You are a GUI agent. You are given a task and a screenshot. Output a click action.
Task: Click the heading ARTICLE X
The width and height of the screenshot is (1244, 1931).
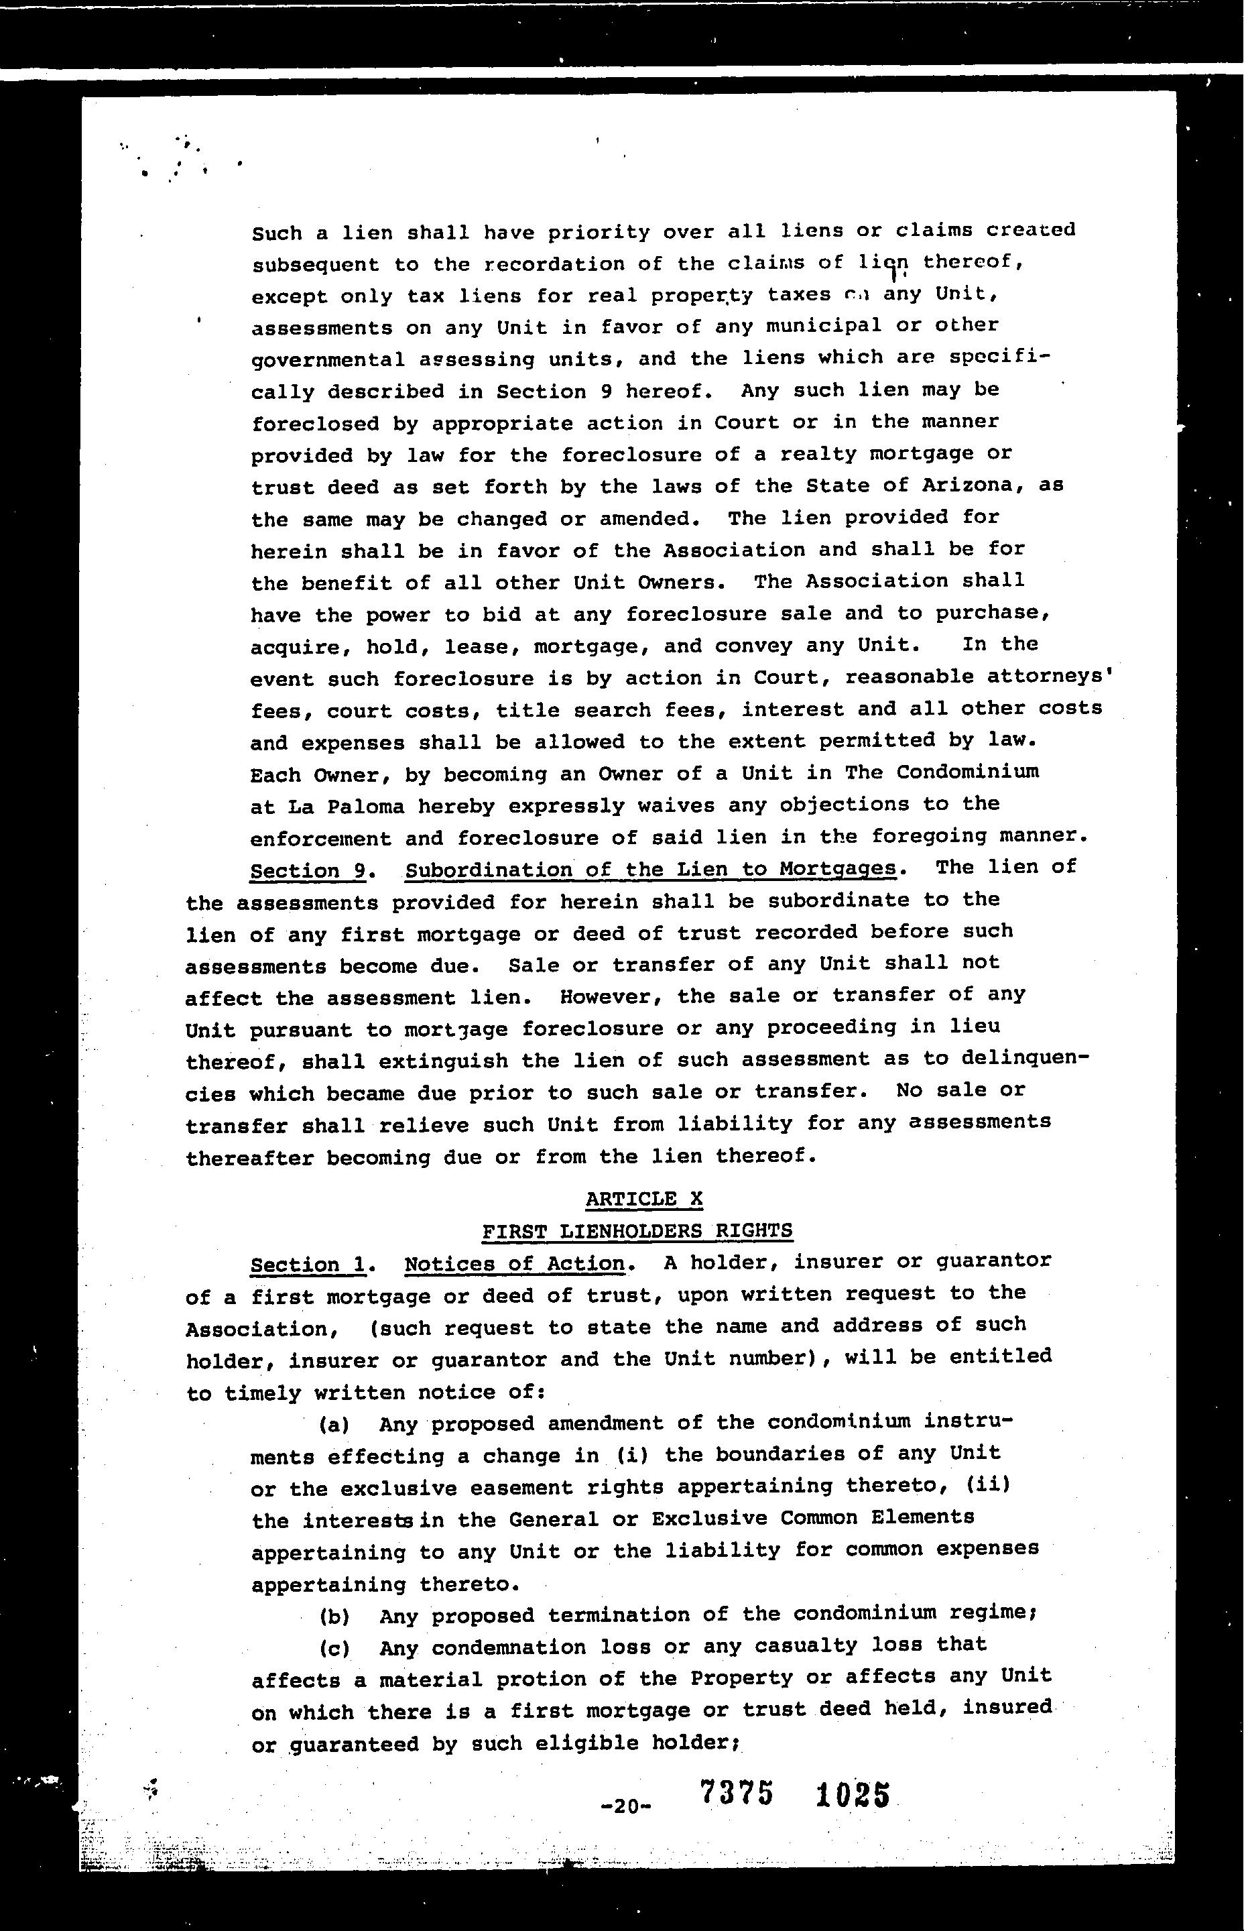(644, 1199)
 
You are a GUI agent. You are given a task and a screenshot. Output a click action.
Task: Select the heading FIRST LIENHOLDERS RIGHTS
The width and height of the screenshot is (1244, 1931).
(637, 1231)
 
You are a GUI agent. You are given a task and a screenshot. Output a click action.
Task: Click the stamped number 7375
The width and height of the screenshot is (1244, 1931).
(737, 1794)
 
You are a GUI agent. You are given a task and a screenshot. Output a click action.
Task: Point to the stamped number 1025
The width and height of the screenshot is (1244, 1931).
(853, 1796)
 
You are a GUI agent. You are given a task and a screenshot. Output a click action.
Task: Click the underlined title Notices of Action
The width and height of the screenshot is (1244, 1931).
(515, 1264)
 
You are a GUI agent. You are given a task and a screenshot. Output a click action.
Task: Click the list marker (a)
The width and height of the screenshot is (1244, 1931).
(334, 1424)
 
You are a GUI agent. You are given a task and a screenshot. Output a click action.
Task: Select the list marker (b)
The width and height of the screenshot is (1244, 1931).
(334, 1617)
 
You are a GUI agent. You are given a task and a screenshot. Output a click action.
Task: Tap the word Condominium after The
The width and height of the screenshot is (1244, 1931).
(967, 772)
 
